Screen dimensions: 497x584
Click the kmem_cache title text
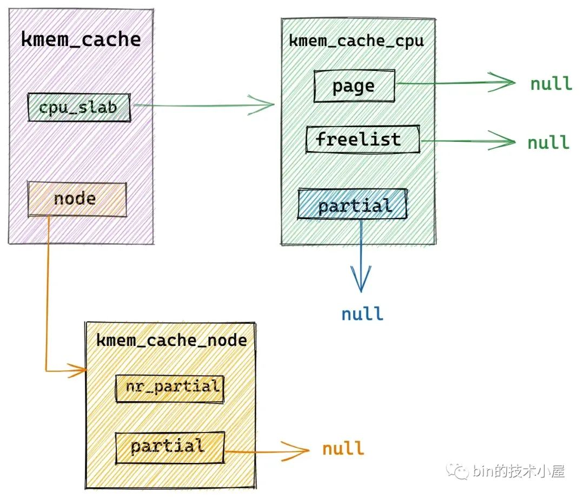(x=81, y=40)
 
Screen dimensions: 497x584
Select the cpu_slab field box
(x=78, y=108)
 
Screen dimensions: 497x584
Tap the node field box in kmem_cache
(x=76, y=199)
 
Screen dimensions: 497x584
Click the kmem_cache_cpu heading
(x=356, y=41)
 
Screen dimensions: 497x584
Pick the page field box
(x=354, y=86)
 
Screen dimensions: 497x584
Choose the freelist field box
(x=362, y=140)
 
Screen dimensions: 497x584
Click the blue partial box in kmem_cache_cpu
(x=352, y=204)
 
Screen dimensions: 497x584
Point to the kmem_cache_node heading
(x=171, y=341)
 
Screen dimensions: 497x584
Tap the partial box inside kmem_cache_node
(x=170, y=447)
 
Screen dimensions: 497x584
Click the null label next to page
(x=550, y=83)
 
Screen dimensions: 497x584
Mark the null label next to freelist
(x=548, y=142)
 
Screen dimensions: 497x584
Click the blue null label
(x=362, y=314)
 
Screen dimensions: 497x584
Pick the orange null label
(x=343, y=449)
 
